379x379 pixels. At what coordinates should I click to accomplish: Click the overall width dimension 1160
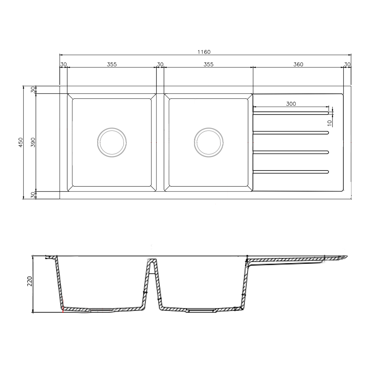tap(204, 52)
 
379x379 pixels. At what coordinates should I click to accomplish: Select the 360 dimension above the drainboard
tap(298, 64)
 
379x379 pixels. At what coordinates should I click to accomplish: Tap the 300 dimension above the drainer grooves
tap(291, 103)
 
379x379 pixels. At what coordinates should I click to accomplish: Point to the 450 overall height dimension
tap(20, 142)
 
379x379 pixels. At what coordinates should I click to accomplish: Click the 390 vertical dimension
tap(33, 142)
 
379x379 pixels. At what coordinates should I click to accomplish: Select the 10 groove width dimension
tap(329, 122)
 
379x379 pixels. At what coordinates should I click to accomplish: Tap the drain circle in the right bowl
tap(208, 142)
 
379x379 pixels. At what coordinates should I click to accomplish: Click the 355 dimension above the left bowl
tap(112, 64)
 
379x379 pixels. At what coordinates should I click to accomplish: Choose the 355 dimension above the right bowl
tap(208, 64)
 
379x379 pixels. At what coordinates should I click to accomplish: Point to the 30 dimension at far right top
tap(347, 64)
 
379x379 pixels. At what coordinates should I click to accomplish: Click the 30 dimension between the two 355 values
tap(160, 64)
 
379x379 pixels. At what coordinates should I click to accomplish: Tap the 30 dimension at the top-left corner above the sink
tap(63, 64)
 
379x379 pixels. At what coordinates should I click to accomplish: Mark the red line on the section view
tap(63, 309)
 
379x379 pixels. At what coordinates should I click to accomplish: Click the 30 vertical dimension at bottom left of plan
tap(33, 195)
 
